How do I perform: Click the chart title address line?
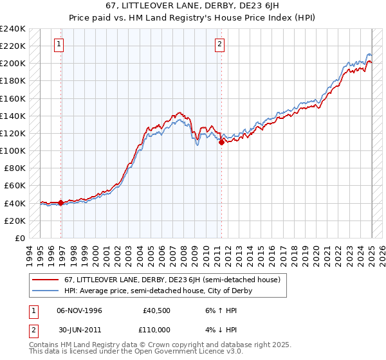[x=192, y=6]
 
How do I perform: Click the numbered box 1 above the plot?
[x=59, y=44]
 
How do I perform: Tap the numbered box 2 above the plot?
[x=219, y=44]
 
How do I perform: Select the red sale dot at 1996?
[x=61, y=203]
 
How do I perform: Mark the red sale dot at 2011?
[x=221, y=142]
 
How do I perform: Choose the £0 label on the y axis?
[x=20, y=238]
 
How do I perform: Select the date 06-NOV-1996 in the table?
[x=80, y=310]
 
